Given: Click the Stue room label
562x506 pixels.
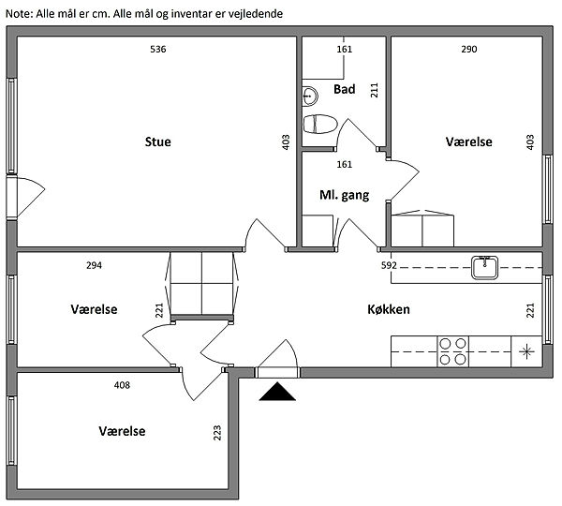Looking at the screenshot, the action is tap(157, 141).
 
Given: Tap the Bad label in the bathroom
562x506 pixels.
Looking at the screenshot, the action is tap(345, 89).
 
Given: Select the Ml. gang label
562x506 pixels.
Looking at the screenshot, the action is tap(344, 195).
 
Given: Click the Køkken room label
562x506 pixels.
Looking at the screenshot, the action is tap(389, 309).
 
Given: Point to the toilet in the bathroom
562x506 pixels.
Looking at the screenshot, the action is tap(320, 124).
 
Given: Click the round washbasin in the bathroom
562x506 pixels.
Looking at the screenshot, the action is tap(310, 97).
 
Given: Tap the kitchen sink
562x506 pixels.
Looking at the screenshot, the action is tap(484, 267).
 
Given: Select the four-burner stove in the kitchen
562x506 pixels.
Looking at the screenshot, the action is tap(452, 351).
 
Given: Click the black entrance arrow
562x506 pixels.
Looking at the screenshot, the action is tap(277, 392).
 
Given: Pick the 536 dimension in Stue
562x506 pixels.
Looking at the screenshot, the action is tap(158, 49).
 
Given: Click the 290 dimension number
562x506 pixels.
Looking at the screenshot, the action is tap(469, 49).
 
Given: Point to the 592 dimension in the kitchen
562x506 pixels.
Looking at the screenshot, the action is tap(389, 265).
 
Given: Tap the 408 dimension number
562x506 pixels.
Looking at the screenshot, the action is tap(122, 385).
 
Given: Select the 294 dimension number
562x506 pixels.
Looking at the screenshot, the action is tap(94, 265).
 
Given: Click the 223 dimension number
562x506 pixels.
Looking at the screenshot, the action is tap(217, 433).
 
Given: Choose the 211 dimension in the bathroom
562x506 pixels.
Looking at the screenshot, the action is tap(374, 90).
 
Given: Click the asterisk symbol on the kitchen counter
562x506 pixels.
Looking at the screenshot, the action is tap(526, 351).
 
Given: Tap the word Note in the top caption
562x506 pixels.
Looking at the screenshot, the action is tap(20, 14).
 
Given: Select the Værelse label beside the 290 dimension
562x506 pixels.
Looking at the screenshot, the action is tap(469, 141).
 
